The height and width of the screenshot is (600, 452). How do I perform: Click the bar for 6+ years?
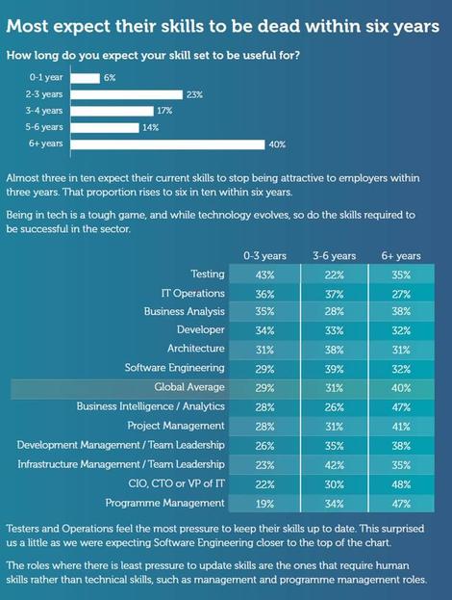(x=167, y=144)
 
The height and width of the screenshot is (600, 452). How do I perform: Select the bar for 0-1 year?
(x=86, y=78)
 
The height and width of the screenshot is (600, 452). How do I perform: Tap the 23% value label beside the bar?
(x=194, y=94)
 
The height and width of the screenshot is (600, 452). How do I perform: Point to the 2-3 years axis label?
(x=44, y=94)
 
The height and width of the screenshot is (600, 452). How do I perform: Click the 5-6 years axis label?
(x=44, y=127)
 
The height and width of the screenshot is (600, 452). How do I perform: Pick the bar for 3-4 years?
(x=112, y=111)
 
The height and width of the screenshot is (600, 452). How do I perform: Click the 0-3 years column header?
(x=264, y=255)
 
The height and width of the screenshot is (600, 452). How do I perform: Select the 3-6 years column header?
(x=335, y=255)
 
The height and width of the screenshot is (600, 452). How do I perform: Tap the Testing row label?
(x=208, y=274)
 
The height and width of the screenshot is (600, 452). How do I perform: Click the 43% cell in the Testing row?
(x=264, y=274)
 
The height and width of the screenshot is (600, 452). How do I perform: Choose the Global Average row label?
(x=189, y=387)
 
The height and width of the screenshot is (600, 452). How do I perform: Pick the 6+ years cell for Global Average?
(x=401, y=388)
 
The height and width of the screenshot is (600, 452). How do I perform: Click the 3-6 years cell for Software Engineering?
(x=335, y=369)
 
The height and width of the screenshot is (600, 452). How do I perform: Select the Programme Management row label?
(x=165, y=503)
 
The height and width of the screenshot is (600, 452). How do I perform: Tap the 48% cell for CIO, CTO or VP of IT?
(x=401, y=484)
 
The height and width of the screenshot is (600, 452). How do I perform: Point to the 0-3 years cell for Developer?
(x=264, y=330)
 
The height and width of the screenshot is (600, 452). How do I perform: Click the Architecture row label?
(x=196, y=349)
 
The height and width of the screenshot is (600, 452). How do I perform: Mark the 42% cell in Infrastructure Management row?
(x=335, y=465)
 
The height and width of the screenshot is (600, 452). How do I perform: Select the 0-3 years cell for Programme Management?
(x=264, y=504)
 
